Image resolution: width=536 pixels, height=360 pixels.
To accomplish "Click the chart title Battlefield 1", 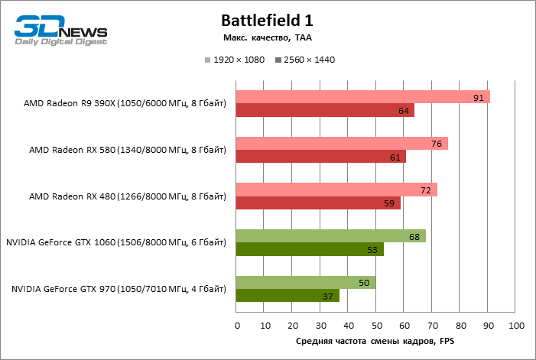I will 267,20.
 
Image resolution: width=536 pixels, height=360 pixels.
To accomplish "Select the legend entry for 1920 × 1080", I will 234,60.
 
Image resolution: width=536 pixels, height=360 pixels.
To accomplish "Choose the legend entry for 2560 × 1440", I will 304,60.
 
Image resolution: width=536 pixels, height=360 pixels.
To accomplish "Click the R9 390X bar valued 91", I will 363,97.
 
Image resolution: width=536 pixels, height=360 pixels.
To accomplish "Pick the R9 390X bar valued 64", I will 325,111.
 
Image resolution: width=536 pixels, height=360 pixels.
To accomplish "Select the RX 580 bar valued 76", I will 342,144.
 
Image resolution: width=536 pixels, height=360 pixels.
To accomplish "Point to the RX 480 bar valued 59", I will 318,203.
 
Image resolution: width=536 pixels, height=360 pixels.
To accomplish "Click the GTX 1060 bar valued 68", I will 331,236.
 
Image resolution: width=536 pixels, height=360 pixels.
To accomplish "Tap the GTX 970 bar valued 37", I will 287,296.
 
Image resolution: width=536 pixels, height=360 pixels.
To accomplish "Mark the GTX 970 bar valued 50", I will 306,283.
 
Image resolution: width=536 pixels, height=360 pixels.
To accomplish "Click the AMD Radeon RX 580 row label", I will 128,150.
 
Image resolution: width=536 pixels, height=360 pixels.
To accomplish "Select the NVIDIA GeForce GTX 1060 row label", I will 116,242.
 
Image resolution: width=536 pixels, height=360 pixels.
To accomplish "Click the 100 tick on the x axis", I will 516,326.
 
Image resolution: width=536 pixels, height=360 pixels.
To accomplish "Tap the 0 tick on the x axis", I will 237,326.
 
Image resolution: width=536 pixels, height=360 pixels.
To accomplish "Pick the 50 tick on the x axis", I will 376,326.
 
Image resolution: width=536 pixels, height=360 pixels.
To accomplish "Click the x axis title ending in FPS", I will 375,342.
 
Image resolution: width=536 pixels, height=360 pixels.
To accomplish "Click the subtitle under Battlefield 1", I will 267,37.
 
